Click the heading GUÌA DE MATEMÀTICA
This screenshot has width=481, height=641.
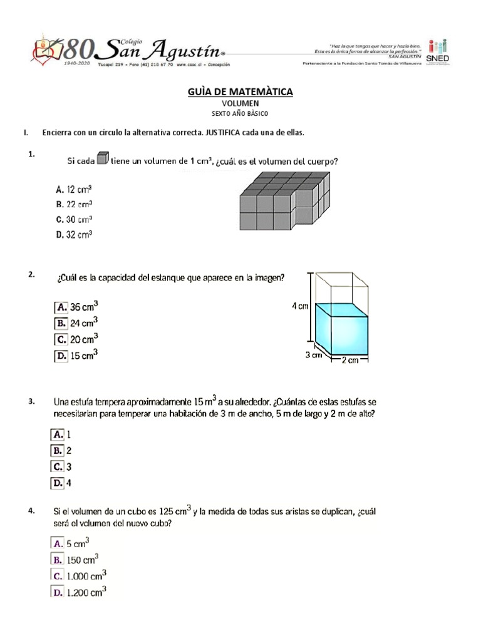[x=240, y=92]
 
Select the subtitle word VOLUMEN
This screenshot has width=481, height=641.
[x=240, y=103]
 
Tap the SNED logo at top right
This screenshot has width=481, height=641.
[x=436, y=51]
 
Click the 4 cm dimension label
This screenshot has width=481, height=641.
[x=300, y=307]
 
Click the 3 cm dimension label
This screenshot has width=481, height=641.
[x=313, y=355]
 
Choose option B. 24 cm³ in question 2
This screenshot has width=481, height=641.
[x=76, y=324]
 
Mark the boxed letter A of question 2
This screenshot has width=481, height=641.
[x=61, y=307]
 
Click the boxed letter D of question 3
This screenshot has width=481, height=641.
[x=57, y=483]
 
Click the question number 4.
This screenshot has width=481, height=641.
[x=31, y=511]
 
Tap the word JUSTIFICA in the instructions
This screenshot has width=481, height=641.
[x=224, y=133]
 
